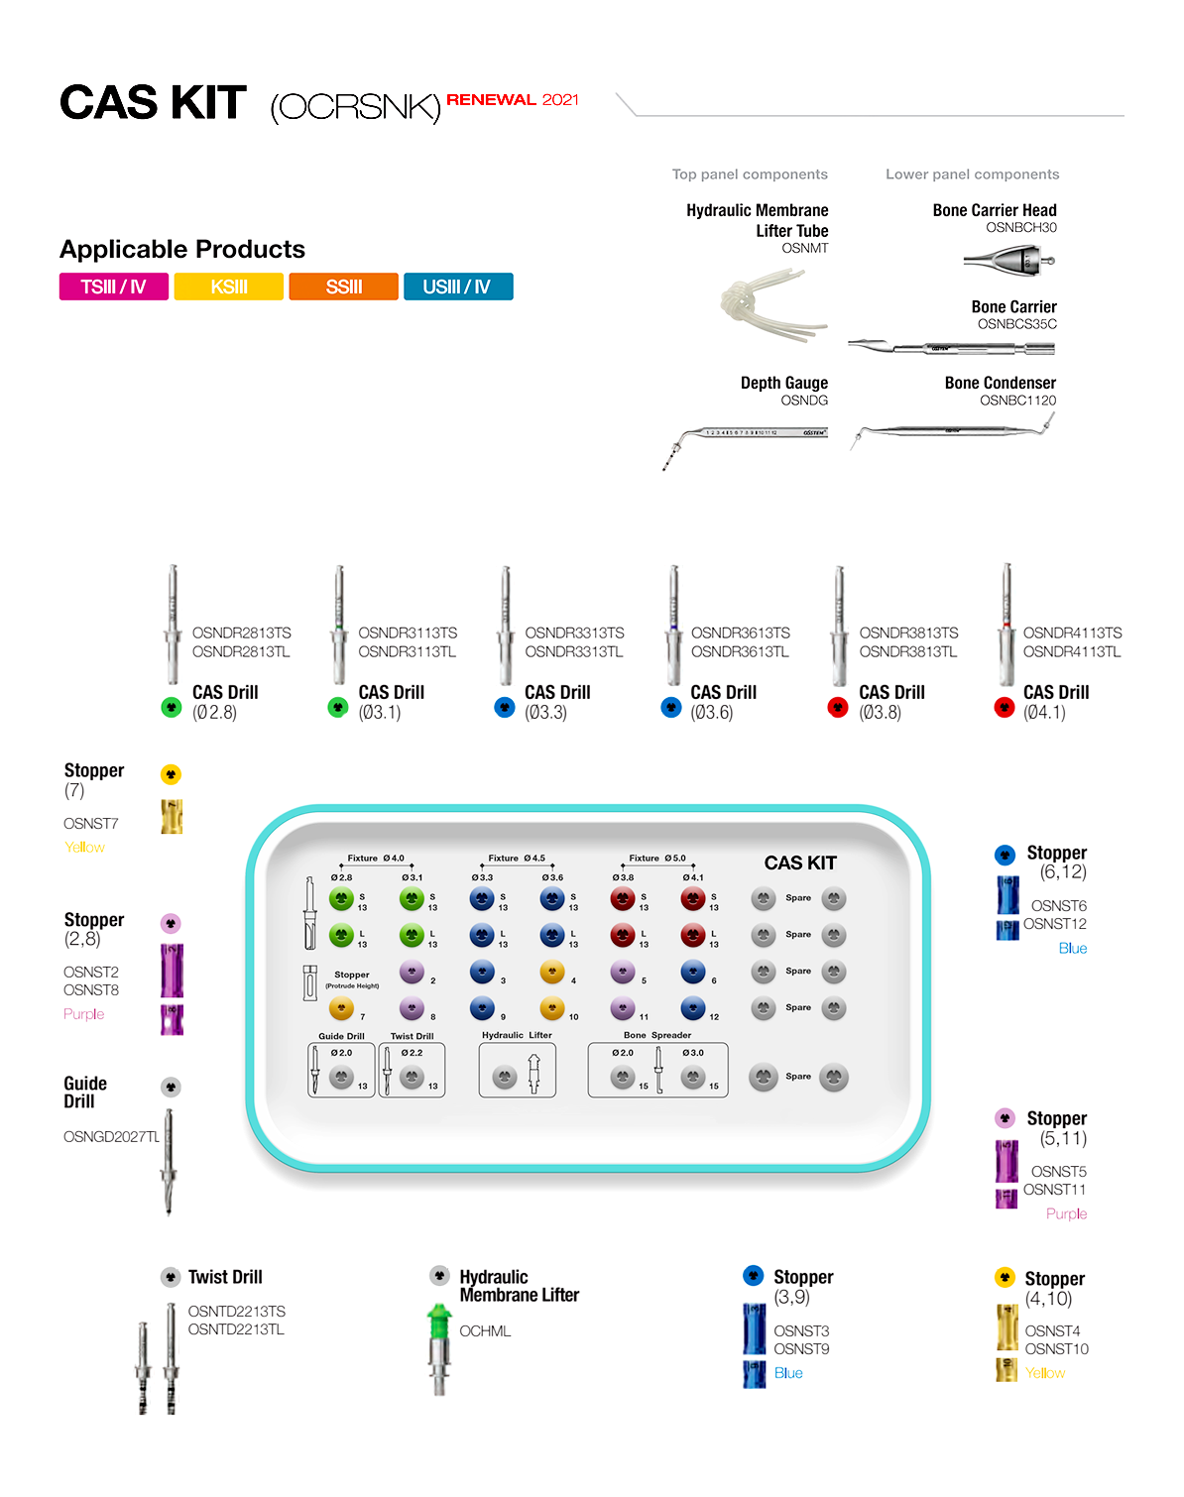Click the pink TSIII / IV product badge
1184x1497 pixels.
click(113, 287)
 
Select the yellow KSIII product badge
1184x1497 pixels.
click(228, 287)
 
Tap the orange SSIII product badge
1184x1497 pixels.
click(343, 287)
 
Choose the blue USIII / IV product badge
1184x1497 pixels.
click(457, 287)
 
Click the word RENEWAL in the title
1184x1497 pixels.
click(491, 99)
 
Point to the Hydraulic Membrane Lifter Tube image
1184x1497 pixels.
click(770, 304)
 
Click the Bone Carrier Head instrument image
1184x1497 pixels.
click(1008, 261)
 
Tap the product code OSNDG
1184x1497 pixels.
click(803, 401)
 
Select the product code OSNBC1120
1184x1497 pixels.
click(1017, 401)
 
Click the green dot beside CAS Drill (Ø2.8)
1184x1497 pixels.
click(172, 707)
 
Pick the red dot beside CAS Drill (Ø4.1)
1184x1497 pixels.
click(1004, 707)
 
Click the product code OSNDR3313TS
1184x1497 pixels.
click(574, 633)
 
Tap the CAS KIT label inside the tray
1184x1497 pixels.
click(800, 863)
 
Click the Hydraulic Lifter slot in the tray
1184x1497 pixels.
click(517, 1071)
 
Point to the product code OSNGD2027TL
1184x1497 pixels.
click(111, 1136)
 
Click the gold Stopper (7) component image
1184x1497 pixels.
click(172, 816)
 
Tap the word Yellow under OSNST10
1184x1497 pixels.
click(1044, 1373)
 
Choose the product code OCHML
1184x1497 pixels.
click(485, 1330)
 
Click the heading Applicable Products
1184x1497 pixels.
click(182, 249)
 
